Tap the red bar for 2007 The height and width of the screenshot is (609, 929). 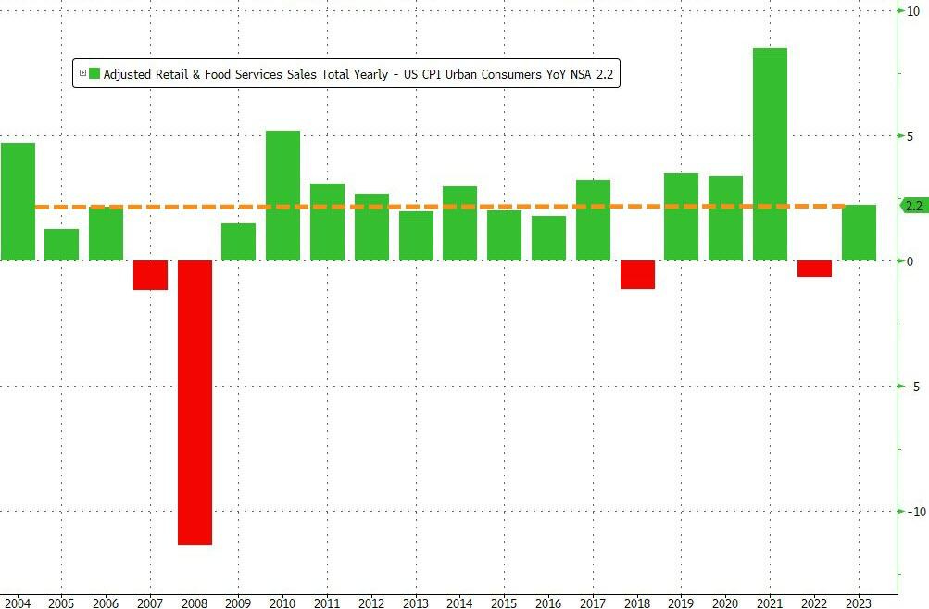(x=151, y=275)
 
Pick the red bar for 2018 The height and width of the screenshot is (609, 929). (x=637, y=274)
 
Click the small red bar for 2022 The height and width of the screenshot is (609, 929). (x=814, y=269)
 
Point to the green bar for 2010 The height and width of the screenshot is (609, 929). (x=283, y=196)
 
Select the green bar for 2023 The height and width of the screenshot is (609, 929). (x=859, y=233)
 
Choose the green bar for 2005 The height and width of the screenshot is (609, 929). (x=62, y=245)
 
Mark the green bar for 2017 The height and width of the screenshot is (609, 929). (x=593, y=220)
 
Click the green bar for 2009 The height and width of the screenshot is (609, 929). (x=239, y=242)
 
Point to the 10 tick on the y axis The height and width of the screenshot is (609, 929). (x=912, y=10)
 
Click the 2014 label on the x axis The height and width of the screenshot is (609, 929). (x=458, y=603)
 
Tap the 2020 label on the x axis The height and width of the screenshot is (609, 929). (x=724, y=603)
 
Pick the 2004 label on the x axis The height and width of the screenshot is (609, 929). (x=17, y=603)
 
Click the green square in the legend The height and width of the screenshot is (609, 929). (x=94, y=73)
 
